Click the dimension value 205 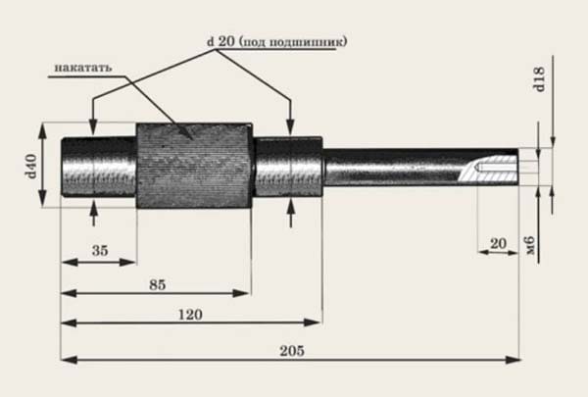pyautogui.click(x=292, y=351)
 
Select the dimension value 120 pyautogui.click(x=190, y=315)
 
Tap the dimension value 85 pyautogui.click(x=157, y=285)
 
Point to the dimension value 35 pyautogui.click(x=100, y=250)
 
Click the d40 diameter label pyautogui.click(x=30, y=167)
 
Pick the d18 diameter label pyautogui.click(x=538, y=79)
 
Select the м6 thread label pyautogui.click(x=530, y=246)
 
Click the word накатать pyautogui.click(x=83, y=68)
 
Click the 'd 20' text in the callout pyautogui.click(x=220, y=41)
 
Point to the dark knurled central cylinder pyautogui.click(x=194, y=166)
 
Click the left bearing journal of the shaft pyautogui.click(x=99, y=167)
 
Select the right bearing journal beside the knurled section pyautogui.click(x=287, y=167)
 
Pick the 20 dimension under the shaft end pyautogui.click(x=498, y=244)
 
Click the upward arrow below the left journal pyautogui.click(x=94, y=213)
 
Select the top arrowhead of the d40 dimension pyautogui.click(x=42, y=131)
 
